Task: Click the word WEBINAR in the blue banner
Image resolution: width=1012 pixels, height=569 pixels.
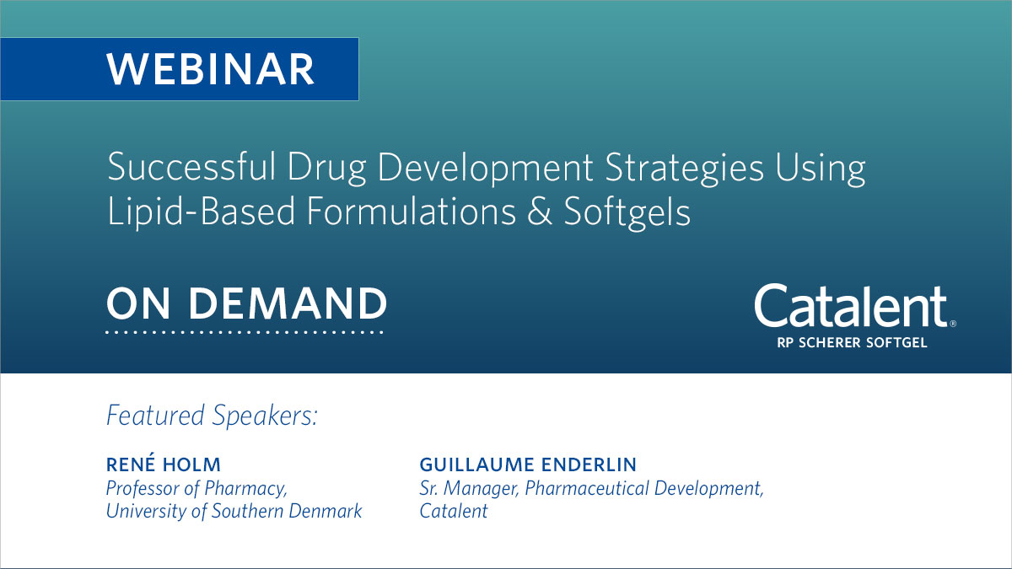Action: pyautogui.click(x=211, y=69)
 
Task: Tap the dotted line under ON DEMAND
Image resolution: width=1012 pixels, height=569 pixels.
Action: pyautogui.click(x=245, y=333)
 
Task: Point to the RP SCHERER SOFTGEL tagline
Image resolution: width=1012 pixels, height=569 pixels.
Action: pyautogui.click(x=852, y=342)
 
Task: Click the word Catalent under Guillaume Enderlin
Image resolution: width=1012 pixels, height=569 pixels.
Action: pyautogui.click(x=454, y=511)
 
